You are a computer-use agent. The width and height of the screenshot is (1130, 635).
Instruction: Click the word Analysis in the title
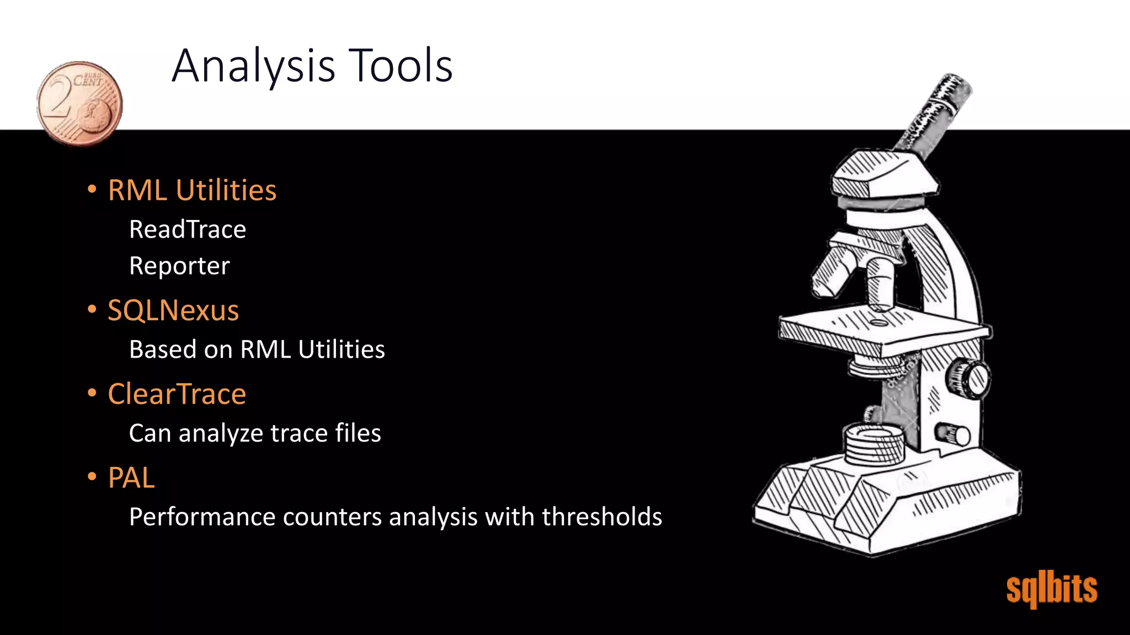[x=253, y=66]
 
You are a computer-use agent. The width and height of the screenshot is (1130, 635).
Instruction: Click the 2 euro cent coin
[x=79, y=104]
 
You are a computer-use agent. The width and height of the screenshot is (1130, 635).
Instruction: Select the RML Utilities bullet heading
[x=192, y=191]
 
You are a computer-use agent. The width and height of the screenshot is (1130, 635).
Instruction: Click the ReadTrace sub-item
[x=188, y=230]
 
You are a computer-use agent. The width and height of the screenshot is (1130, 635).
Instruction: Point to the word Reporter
[x=179, y=266]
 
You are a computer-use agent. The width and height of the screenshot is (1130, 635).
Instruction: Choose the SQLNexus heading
[x=173, y=310]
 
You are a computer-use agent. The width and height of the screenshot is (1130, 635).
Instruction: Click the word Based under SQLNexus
[x=162, y=349]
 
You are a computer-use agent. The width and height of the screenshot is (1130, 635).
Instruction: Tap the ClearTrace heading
[x=177, y=394]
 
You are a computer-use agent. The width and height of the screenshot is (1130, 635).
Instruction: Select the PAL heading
[x=131, y=477]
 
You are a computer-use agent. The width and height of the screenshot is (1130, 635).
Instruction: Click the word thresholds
[x=602, y=517]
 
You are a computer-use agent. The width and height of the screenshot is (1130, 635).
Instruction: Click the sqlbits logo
[x=1052, y=590]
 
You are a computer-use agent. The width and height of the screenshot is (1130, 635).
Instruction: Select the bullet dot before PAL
[x=92, y=476]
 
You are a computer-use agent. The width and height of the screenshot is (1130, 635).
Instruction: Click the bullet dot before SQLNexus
[x=92, y=309]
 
